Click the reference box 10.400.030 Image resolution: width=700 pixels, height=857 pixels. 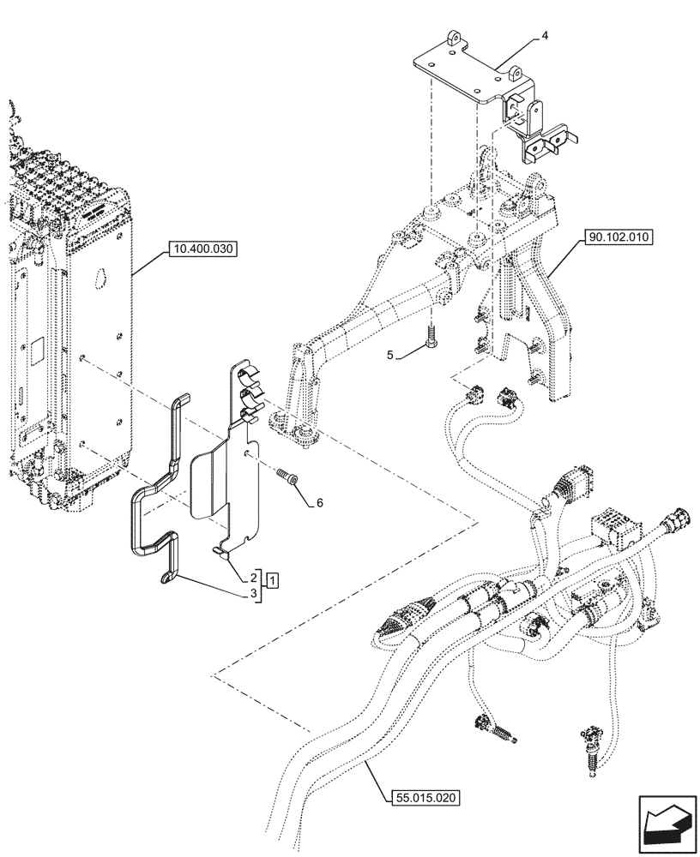click(203, 249)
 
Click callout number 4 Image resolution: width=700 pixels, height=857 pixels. click(545, 37)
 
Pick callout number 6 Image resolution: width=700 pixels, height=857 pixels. click(319, 503)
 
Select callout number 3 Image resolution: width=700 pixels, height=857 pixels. click(255, 594)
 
